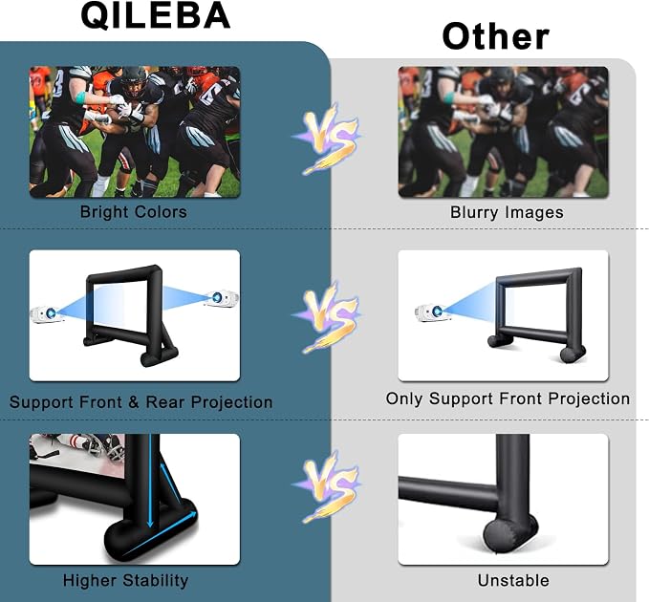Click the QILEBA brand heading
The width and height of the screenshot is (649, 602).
point(155,15)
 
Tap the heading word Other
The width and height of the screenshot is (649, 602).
point(495,36)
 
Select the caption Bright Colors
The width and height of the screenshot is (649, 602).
point(133,212)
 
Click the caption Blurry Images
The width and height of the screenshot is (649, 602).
point(507,212)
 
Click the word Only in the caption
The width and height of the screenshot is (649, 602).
point(404,398)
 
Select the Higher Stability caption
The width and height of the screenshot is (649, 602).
point(125,580)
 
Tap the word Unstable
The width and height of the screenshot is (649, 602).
point(513,580)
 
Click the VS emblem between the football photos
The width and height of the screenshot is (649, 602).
point(327,139)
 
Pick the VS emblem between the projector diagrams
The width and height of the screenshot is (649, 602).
point(327,317)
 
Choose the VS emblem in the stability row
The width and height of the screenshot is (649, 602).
point(327,486)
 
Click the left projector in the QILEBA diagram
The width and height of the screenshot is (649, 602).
point(46,314)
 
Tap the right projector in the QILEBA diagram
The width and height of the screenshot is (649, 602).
point(222,298)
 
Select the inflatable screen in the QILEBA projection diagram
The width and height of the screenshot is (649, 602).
point(130,315)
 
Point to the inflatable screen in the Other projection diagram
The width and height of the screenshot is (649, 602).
point(537,314)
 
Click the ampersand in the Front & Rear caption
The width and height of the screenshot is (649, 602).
point(133,401)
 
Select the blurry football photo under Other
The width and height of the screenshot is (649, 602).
point(504,132)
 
